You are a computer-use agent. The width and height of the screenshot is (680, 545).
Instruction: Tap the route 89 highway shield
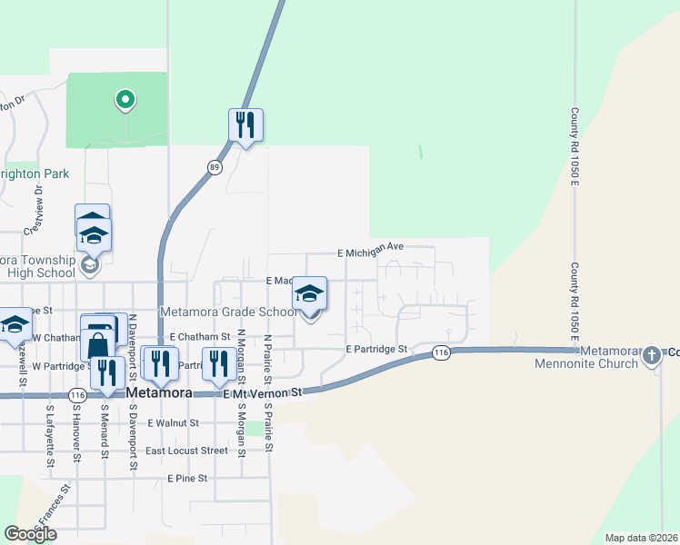(x=215, y=167)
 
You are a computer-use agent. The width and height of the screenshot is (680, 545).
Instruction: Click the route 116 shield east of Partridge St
(x=442, y=352)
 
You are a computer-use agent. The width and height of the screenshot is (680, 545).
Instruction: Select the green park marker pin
(x=125, y=99)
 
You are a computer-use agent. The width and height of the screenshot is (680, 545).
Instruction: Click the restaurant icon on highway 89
(x=244, y=124)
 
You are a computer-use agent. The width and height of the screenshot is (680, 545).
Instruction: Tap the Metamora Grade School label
(x=228, y=312)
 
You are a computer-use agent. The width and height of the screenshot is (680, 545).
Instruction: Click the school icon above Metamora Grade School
(x=310, y=293)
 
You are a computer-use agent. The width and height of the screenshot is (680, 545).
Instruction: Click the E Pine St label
(x=187, y=478)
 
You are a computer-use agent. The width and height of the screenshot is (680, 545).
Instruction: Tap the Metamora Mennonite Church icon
(x=652, y=356)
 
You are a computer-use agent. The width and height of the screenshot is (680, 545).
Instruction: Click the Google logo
(x=30, y=534)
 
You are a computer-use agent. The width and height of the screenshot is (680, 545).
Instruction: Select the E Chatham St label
(x=199, y=337)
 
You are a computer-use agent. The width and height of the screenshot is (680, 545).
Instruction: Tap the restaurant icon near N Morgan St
(x=218, y=365)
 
